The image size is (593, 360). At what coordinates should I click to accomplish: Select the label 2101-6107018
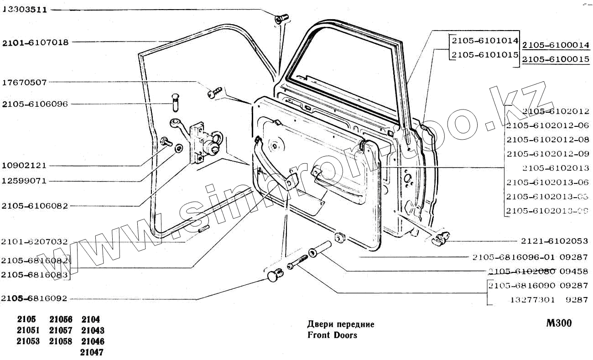(36, 42)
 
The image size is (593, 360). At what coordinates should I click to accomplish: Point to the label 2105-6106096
(35, 104)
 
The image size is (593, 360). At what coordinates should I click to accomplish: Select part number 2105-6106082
(35, 206)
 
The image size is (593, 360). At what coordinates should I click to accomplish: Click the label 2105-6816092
(35, 298)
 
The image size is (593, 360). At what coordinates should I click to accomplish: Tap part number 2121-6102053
(555, 241)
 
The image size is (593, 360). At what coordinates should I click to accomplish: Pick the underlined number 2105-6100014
(556, 45)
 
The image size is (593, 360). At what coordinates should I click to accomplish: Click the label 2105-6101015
(484, 55)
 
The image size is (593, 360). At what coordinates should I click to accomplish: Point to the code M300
(559, 323)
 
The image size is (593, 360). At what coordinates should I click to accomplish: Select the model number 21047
(92, 352)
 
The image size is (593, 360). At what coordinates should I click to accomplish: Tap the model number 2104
(90, 319)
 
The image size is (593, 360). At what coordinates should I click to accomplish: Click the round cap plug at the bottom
(274, 276)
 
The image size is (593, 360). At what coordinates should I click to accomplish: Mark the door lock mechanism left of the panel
(203, 142)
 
